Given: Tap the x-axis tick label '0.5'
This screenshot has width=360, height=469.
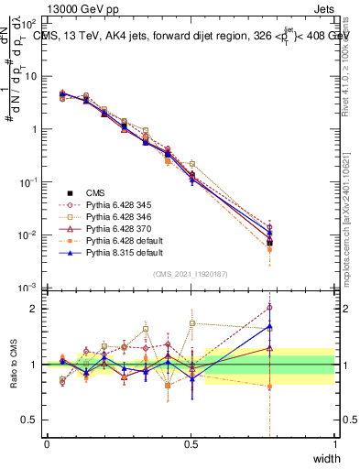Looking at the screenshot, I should [191, 443].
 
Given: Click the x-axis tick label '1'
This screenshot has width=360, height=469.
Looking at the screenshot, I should [335, 443].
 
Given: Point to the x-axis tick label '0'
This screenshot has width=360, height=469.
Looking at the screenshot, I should [48, 443].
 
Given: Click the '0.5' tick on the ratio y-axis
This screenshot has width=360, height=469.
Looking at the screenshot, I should [33, 420].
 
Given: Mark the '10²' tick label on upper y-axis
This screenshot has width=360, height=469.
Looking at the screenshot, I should [31, 23].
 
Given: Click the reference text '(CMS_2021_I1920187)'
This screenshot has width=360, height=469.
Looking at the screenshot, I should [191, 274].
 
